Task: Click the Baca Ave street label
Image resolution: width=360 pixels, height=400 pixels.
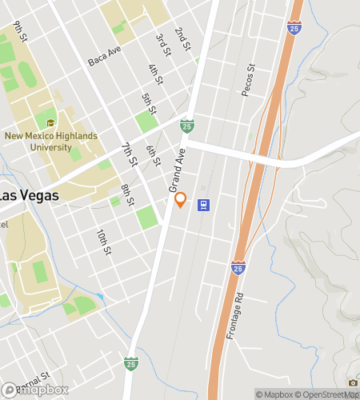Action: [x=104, y=55]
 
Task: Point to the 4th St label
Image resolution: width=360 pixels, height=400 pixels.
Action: [x=155, y=74]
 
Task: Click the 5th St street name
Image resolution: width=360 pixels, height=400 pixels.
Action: [x=148, y=102]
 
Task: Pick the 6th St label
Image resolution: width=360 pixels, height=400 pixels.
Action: [x=152, y=154]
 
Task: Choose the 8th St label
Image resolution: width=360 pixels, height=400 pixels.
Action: [x=127, y=194]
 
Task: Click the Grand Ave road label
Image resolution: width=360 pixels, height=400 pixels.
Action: [x=177, y=169]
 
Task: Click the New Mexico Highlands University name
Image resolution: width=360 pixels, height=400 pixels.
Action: [x=52, y=142]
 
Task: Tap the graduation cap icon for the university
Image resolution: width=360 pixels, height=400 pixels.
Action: [x=51, y=123]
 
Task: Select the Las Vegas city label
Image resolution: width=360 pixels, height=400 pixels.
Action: [x=28, y=195]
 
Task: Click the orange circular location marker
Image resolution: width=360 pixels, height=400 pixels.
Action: [x=181, y=201]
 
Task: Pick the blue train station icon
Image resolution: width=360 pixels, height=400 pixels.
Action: [x=204, y=204]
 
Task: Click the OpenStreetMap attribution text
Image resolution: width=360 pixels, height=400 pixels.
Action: [x=328, y=394]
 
